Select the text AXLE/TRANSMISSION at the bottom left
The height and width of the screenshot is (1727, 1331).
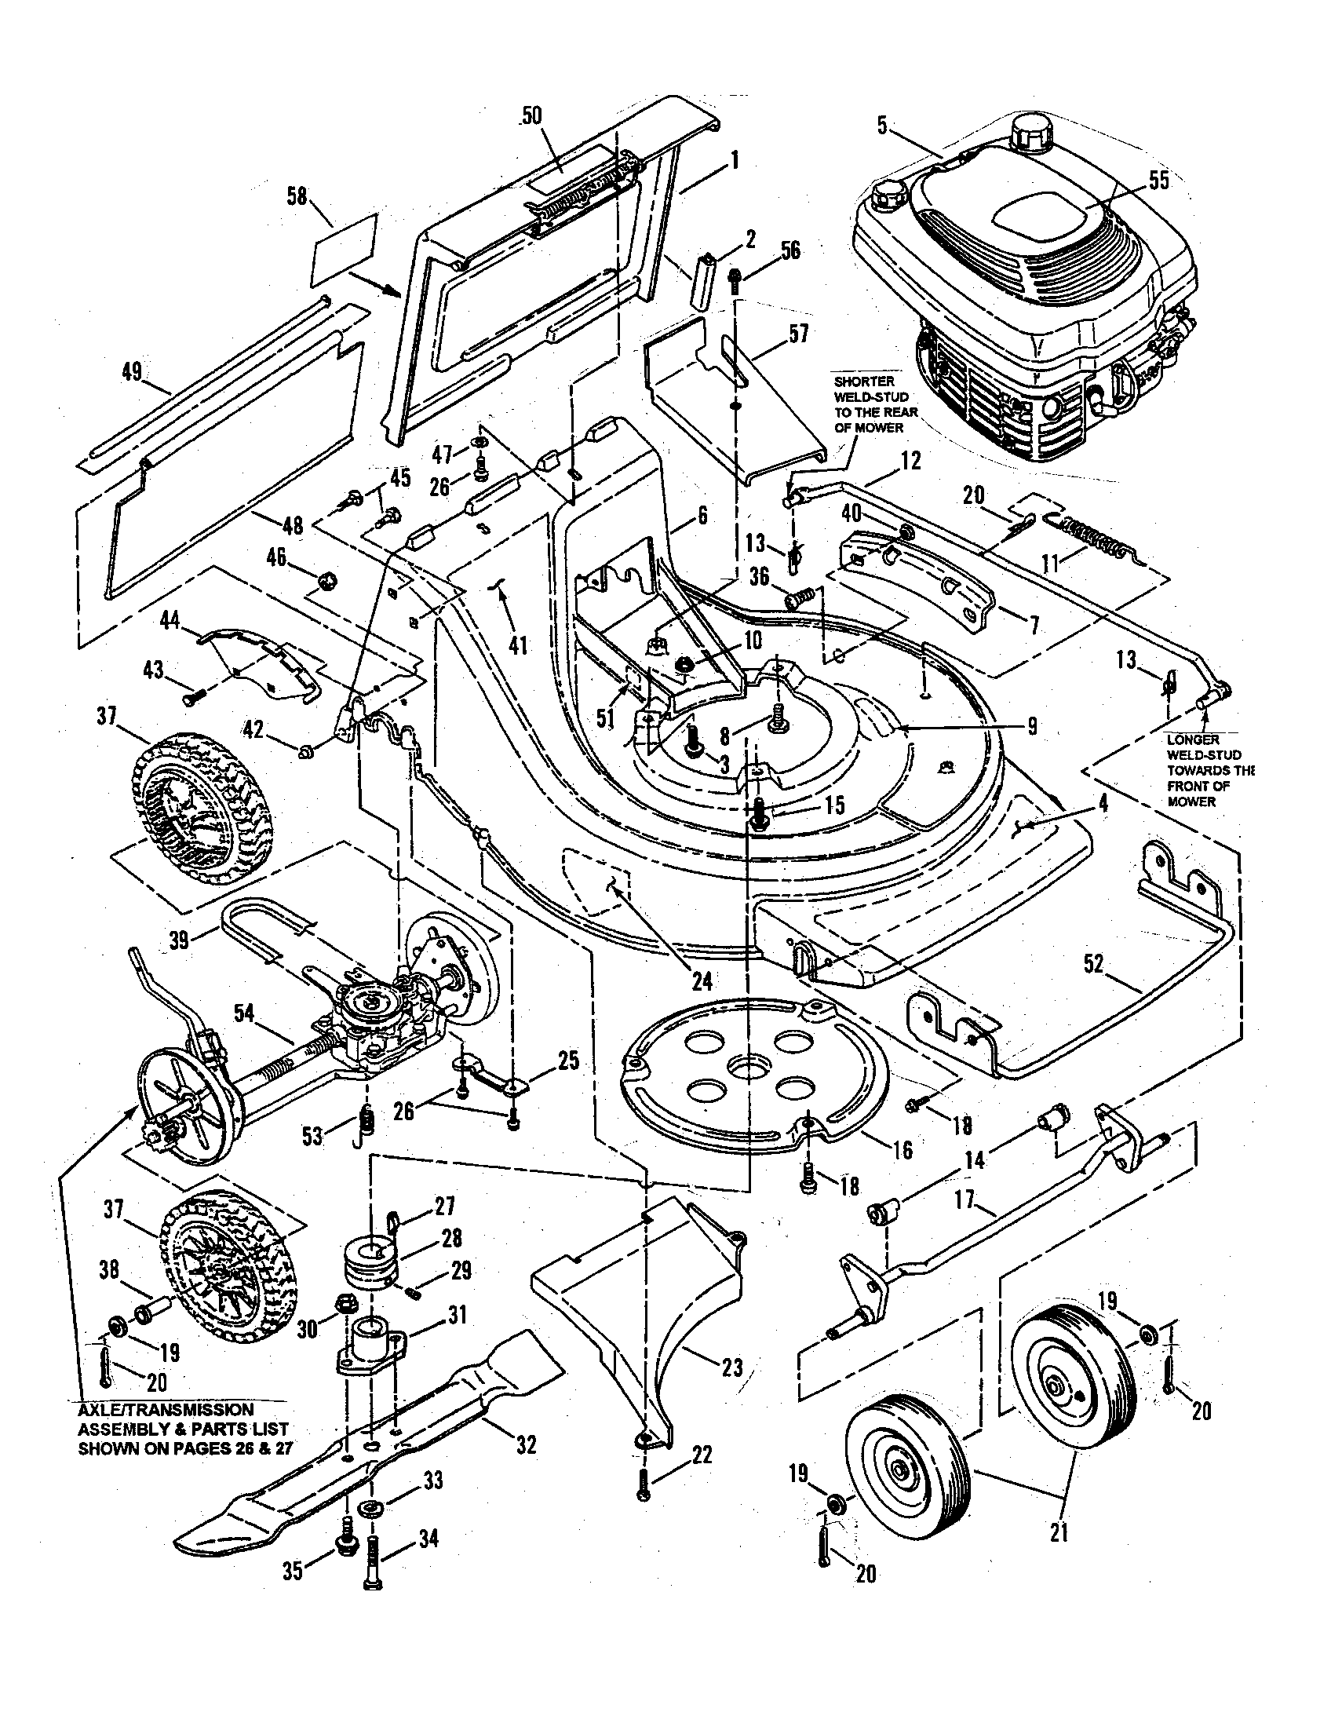165,1409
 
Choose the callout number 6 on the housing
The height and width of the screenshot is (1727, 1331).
702,517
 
